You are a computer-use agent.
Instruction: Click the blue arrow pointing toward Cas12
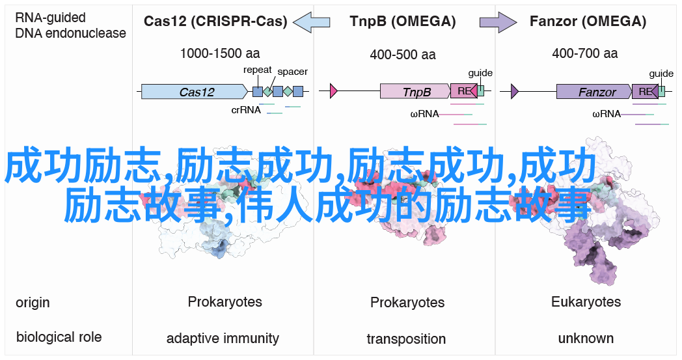click(x=312, y=21)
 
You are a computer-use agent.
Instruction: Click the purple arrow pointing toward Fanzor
click(x=498, y=21)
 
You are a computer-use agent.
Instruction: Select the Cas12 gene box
click(x=195, y=91)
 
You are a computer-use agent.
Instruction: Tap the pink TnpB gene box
click(x=415, y=91)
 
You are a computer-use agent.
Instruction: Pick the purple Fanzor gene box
click(x=594, y=91)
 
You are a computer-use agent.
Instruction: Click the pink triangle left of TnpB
click(x=334, y=91)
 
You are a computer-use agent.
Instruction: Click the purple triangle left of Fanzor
click(x=515, y=91)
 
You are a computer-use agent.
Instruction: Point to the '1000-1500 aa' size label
click(x=220, y=53)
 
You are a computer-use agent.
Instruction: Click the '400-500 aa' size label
click(x=403, y=55)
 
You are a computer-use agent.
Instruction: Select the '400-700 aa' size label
click(x=584, y=53)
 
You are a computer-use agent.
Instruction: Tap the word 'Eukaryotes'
click(x=586, y=301)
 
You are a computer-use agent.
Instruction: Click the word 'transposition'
click(x=406, y=339)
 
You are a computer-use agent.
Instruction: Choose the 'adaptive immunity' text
click(x=223, y=339)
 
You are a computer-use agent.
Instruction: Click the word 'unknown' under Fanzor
click(x=586, y=339)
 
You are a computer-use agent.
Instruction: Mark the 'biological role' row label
click(x=59, y=337)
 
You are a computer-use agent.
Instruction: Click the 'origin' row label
click(x=33, y=303)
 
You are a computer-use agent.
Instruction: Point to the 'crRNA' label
click(x=246, y=110)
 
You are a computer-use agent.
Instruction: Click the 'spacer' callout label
click(x=292, y=72)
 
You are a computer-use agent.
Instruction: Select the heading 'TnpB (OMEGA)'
click(x=403, y=21)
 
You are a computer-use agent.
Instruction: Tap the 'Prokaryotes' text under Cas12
click(x=225, y=301)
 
